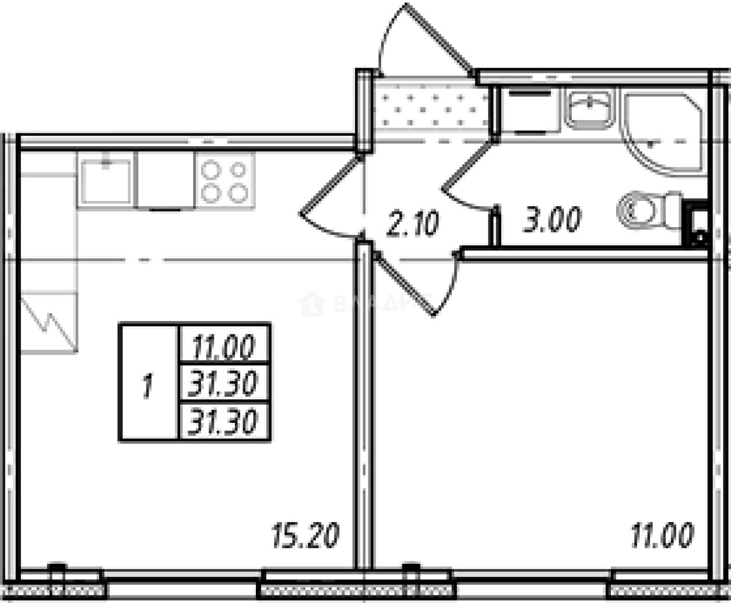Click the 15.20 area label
pos(305,535)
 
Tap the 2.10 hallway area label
pos(412,224)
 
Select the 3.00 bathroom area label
pos(551,221)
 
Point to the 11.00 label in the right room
pos(662,535)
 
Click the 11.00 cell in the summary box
pos(224,348)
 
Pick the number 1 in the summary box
pos(148,387)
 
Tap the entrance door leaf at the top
pos(439,38)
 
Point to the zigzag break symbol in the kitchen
pos(50,324)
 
